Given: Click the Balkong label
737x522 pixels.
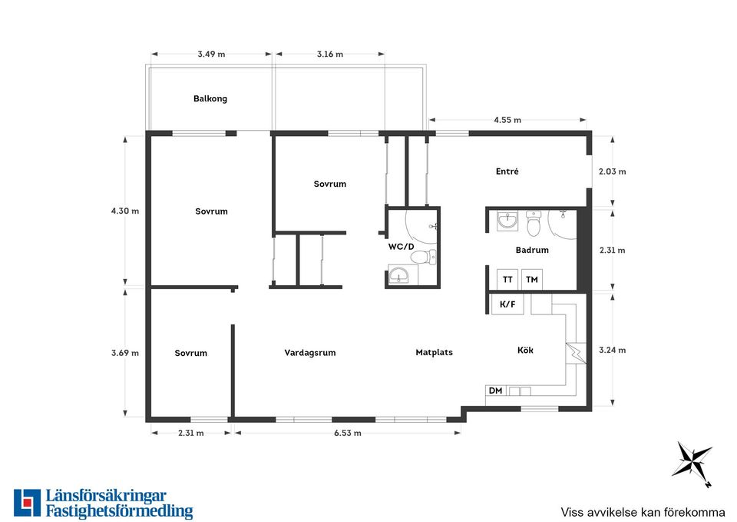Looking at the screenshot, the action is coord(210,99).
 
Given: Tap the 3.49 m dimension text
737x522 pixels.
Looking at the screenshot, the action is coord(212,54).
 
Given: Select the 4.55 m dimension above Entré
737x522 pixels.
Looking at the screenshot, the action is coord(507,120).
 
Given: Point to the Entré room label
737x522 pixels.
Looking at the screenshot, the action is coord(507,171).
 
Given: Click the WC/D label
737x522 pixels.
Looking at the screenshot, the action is coord(401,247).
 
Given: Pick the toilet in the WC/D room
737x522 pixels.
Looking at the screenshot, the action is coord(423,257).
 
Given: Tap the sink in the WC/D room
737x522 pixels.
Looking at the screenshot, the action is coord(399,275).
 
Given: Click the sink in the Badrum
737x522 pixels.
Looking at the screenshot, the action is coord(507,221).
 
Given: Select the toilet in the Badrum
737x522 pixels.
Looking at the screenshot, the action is coord(534,224).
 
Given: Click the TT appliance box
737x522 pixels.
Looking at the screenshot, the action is coord(507,279).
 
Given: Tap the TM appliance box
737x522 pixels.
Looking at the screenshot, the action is coord(532,279).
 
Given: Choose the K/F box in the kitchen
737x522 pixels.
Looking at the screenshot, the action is coord(507,304).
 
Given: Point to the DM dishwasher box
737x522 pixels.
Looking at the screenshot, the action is coord(496,391).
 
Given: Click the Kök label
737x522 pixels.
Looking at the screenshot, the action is coord(525,351).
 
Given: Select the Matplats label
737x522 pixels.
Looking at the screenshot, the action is coord(435,352).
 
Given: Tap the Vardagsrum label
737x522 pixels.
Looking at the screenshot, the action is coord(310,353).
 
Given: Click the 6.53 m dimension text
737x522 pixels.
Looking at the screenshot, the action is coord(348,433).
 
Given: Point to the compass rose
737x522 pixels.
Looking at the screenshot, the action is coord(692,460).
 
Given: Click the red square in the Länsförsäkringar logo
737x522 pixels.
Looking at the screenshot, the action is coord(28,502).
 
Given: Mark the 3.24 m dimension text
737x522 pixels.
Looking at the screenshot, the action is coord(613,351).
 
